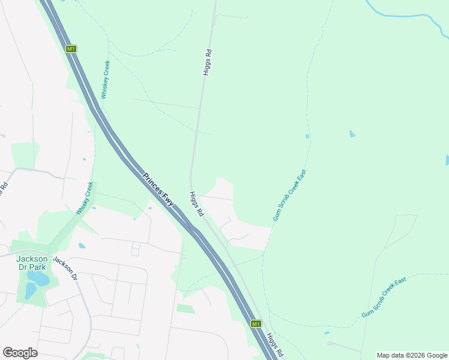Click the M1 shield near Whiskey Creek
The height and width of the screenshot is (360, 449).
pyautogui.click(x=71, y=49)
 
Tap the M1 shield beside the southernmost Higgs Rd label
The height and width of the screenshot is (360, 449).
pyautogui.click(x=256, y=324)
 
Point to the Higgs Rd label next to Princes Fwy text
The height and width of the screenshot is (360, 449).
pyautogui.click(x=196, y=205)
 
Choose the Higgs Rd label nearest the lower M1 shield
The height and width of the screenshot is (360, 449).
pyautogui.click(x=275, y=346)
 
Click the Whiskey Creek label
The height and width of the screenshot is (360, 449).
pyautogui.click(x=106, y=80)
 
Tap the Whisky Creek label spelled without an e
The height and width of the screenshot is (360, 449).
pyautogui.click(x=85, y=198)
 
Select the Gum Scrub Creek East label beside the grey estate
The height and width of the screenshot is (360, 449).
pyautogui.click(x=289, y=196)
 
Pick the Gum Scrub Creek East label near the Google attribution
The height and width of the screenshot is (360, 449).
pyautogui.click(x=384, y=298)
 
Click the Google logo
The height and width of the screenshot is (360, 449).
pyautogui.click(x=20, y=353)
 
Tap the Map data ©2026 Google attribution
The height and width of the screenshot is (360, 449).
pyautogui.click(x=412, y=355)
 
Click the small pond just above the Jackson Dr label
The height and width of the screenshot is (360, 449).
pyautogui.click(x=82, y=245)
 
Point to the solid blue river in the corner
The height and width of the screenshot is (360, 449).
pyautogui.click(x=408, y=15)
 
